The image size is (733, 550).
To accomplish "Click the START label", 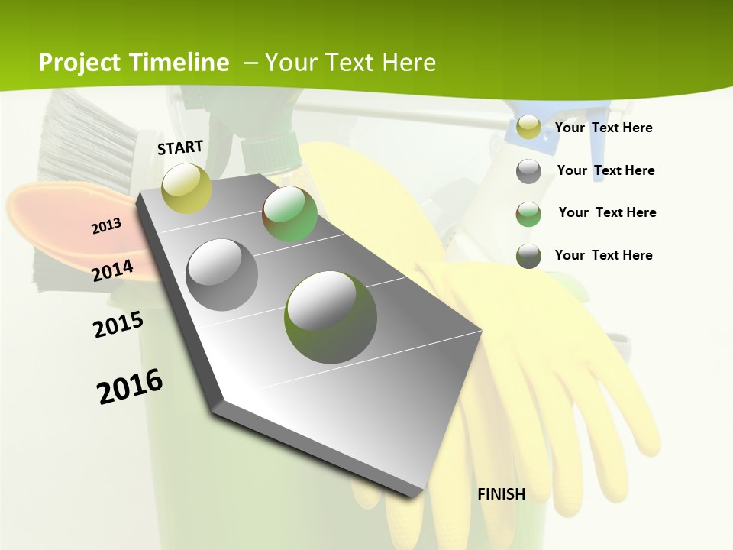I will click(180, 147).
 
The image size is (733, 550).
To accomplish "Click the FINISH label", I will click(501, 494).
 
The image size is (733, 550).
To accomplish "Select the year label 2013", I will click(106, 225).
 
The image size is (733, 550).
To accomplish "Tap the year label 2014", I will click(112, 270).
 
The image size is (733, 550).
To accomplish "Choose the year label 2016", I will click(130, 386).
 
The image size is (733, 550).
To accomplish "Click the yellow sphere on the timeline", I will click(186, 188).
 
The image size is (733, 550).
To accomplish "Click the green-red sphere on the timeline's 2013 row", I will click(289, 214).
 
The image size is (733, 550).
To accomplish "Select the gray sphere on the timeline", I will click(222, 275).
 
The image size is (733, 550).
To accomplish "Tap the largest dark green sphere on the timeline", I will click(331, 317).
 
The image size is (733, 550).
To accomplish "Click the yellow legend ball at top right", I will click(528, 128).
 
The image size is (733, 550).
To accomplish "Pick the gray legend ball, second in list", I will click(528, 171).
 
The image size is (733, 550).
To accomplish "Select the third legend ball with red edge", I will click(528, 214).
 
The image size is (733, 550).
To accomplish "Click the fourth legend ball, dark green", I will click(528, 256).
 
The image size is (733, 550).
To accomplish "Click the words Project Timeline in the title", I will click(134, 63).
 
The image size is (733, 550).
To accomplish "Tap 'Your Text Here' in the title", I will click(350, 63).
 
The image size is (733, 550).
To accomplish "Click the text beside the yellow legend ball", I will click(603, 128).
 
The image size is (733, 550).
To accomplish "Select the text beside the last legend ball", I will click(603, 255).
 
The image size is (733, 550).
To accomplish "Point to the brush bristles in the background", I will click(88, 141).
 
